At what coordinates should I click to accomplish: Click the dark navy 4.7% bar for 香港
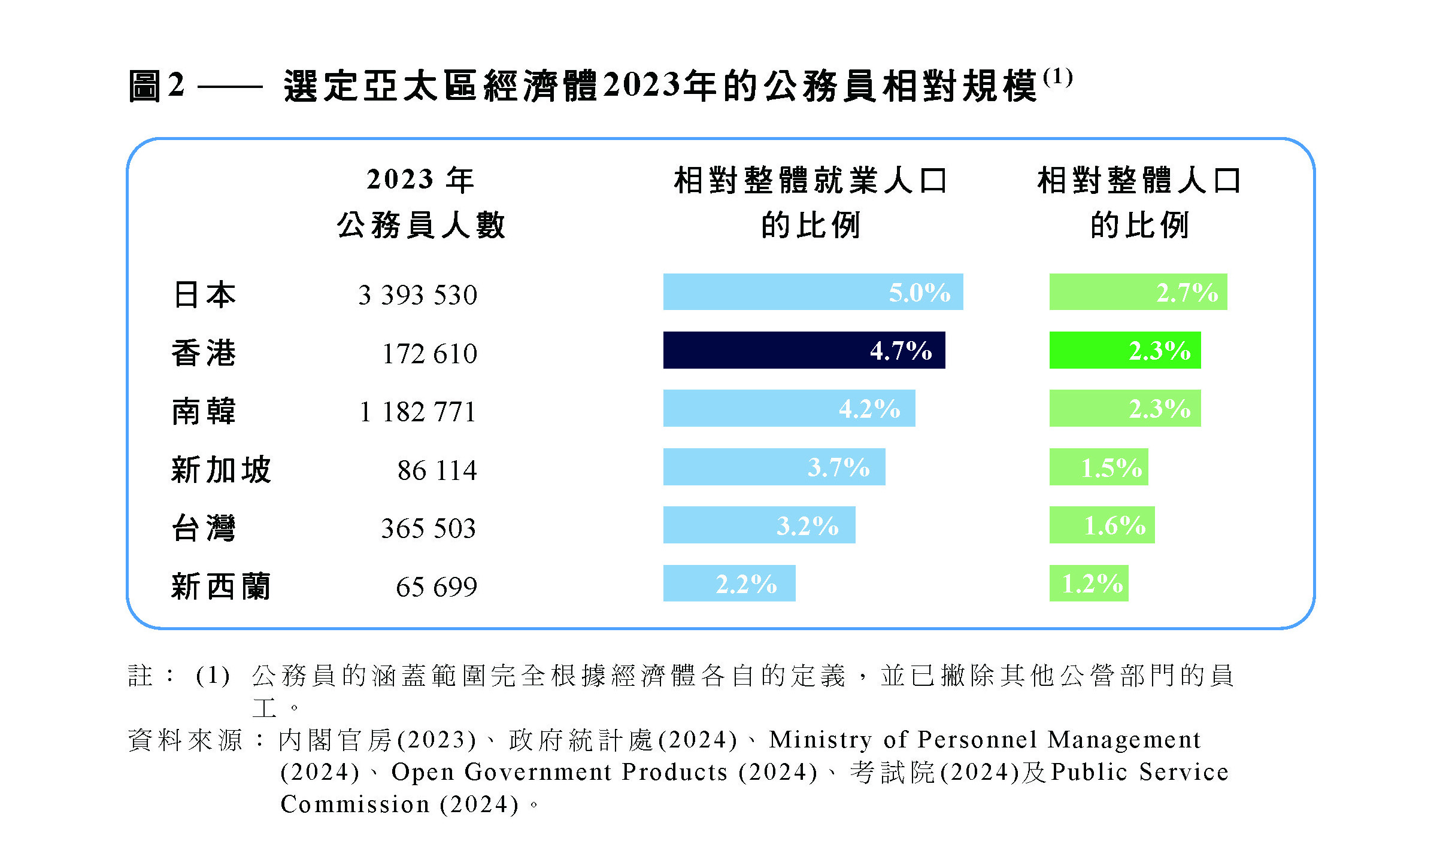804,350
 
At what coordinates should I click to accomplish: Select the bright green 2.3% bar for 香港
1124,350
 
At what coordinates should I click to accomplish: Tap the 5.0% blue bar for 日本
813,292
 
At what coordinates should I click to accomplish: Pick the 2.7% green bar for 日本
1138,292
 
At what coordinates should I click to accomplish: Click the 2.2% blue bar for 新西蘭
729,583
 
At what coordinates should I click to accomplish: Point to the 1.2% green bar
1089,583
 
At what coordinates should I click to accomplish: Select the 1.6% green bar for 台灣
1102,525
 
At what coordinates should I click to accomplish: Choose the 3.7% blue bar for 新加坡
774,467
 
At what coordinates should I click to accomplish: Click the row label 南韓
204,412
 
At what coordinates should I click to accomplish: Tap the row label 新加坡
221,470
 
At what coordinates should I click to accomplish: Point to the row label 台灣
204,528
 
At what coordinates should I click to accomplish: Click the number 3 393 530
417,295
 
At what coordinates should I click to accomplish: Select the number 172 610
429,354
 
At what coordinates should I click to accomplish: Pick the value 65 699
436,586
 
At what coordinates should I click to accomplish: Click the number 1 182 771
417,412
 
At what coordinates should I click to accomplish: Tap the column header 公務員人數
421,226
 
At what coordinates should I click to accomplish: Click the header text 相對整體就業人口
810,180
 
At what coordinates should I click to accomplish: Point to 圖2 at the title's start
156,86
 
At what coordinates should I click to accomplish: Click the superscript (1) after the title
1057,77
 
